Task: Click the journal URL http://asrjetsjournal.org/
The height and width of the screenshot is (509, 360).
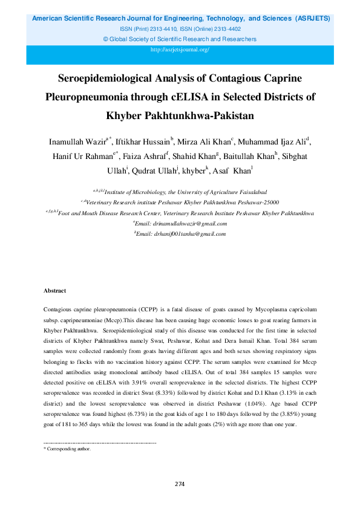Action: tap(180, 50)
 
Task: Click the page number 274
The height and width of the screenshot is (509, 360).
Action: tap(180, 484)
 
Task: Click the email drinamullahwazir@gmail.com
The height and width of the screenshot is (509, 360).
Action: tap(182, 223)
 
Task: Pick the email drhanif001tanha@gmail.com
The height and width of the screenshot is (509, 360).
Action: tap(182, 233)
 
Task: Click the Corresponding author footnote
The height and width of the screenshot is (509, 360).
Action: tap(67, 449)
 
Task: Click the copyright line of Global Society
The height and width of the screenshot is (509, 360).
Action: tap(180, 39)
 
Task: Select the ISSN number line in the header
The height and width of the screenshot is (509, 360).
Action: tap(180, 29)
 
